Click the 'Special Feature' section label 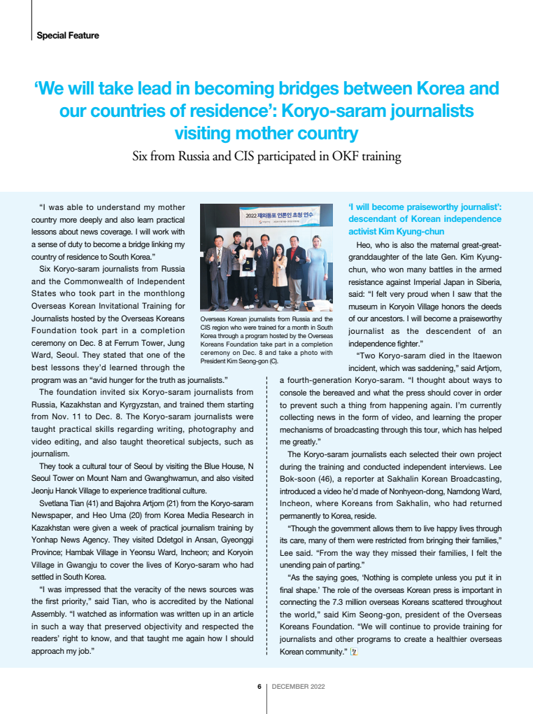pyautogui.click(x=67, y=36)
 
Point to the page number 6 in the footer pyautogui.click(x=259, y=687)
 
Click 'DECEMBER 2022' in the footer pyautogui.click(x=298, y=687)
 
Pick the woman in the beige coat pyautogui.click(x=280, y=273)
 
